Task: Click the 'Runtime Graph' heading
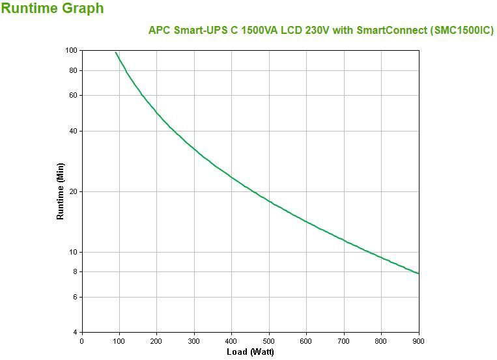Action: coord(52,9)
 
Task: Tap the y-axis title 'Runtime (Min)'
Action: coord(61,191)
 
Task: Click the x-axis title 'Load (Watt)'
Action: coord(250,352)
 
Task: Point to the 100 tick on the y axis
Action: coord(72,50)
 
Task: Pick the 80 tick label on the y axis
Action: coord(73,70)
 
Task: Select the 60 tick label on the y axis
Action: coord(73,95)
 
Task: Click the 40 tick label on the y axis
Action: coord(73,131)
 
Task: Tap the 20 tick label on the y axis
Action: coord(73,191)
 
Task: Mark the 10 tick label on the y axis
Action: coord(73,252)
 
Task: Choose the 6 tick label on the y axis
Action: coord(75,297)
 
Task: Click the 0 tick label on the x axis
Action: coord(81,340)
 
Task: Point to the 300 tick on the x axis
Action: coord(194,340)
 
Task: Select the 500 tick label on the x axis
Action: coord(269,340)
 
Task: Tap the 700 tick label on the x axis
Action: coord(344,340)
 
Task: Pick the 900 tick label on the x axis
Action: coord(418,340)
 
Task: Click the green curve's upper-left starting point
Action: coord(115,52)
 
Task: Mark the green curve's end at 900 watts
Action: coord(418,273)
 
